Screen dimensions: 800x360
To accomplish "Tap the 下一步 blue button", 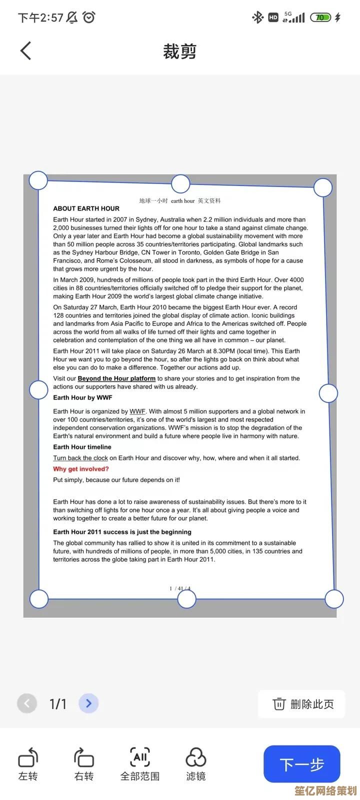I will (x=301, y=764).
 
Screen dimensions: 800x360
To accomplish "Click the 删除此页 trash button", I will (x=302, y=704).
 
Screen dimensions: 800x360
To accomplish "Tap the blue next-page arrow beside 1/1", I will (x=88, y=703).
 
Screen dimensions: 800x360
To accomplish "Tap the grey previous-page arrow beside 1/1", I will (x=27, y=703).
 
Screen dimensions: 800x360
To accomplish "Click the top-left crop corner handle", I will (x=38, y=180).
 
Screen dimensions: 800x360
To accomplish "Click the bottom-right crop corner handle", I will (x=334, y=598).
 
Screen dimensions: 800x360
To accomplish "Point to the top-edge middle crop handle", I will (x=180, y=183).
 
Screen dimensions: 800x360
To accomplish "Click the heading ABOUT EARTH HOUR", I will (x=86, y=208).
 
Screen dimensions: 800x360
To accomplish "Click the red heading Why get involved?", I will (x=81, y=469).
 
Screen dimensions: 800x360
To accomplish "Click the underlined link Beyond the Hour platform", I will (x=116, y=378).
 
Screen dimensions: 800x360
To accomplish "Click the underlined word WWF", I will (x=137, y=411).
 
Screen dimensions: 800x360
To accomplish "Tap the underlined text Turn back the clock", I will (x=80, y=458).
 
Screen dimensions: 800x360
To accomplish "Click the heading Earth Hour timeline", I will (x=82, y=447).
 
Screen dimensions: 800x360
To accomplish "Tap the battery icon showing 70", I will (x=320, y=17).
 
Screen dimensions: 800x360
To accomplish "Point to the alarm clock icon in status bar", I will (x=89, y=17).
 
